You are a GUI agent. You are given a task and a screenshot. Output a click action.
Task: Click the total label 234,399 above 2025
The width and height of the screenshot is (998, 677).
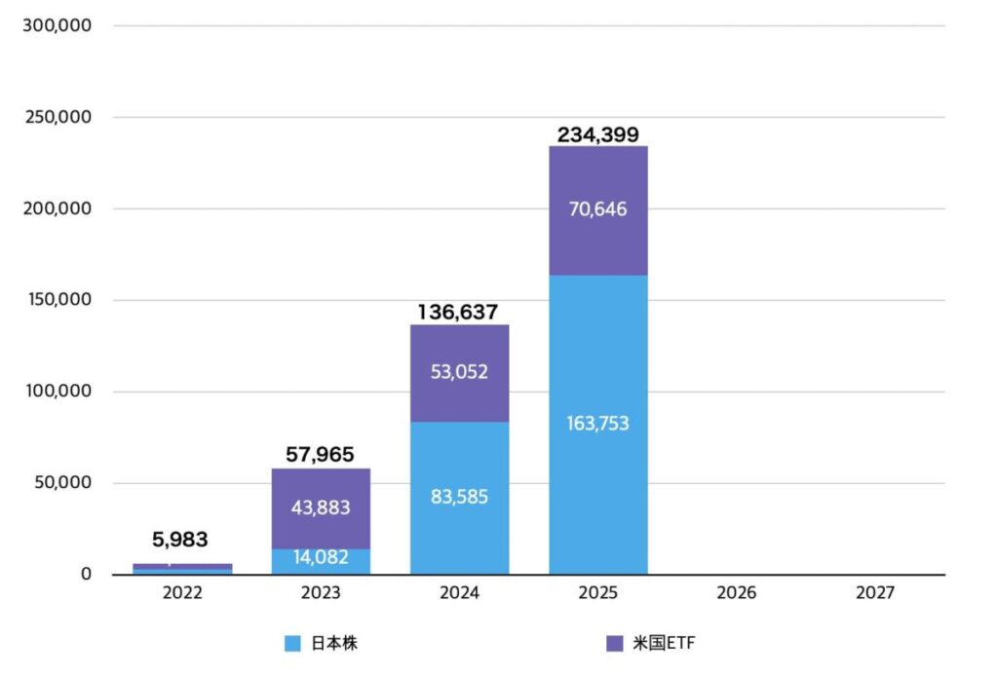(597, 135)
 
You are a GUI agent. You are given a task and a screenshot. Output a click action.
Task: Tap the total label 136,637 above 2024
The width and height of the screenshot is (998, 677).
(458, 313)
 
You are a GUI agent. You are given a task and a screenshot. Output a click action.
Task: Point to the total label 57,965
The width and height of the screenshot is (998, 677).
(320, 454)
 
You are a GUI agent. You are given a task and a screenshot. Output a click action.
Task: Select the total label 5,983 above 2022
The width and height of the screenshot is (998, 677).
(180, 540)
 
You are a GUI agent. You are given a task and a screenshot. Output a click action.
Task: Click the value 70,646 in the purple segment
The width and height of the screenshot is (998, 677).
(597, 208)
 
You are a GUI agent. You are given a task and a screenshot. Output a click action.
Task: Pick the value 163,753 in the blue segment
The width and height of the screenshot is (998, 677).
(597, 423)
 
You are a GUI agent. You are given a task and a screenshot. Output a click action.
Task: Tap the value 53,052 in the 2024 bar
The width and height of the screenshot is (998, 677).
(458, 371)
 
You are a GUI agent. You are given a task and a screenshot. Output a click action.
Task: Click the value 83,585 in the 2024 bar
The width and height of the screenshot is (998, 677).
(458, 497)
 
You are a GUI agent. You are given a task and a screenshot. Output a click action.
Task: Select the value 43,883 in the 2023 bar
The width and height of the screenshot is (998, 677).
(320, 508)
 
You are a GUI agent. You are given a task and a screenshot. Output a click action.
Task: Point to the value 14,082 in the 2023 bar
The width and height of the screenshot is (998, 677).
(320, 558)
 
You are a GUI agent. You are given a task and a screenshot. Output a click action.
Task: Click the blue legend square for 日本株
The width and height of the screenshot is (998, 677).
(292, 643)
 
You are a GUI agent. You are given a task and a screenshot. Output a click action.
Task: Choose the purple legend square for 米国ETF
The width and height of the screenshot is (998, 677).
(614, 643)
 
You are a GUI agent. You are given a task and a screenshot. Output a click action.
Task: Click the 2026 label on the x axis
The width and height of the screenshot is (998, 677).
(737, 592)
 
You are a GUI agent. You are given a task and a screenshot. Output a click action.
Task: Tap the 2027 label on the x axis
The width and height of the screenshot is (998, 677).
(875, 592)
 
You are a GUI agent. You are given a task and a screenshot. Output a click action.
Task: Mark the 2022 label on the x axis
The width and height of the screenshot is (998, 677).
(181, 592)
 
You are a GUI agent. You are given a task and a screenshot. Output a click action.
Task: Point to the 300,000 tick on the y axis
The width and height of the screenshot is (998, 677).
(57, 25)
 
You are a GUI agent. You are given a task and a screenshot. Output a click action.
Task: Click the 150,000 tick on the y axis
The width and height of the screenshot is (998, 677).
(57, 300)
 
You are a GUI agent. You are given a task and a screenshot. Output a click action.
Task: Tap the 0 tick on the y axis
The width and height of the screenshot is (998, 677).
(86, 575)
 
